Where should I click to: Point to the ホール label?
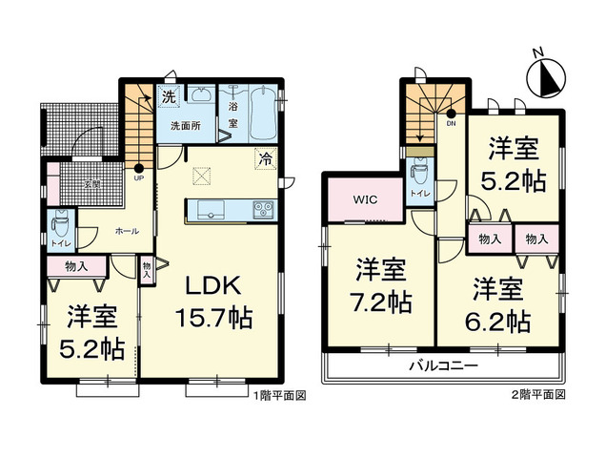tap(126, 230)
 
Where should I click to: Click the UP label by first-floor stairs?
tap(139, 178)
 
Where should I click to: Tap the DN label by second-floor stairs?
tap(451, 123)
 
